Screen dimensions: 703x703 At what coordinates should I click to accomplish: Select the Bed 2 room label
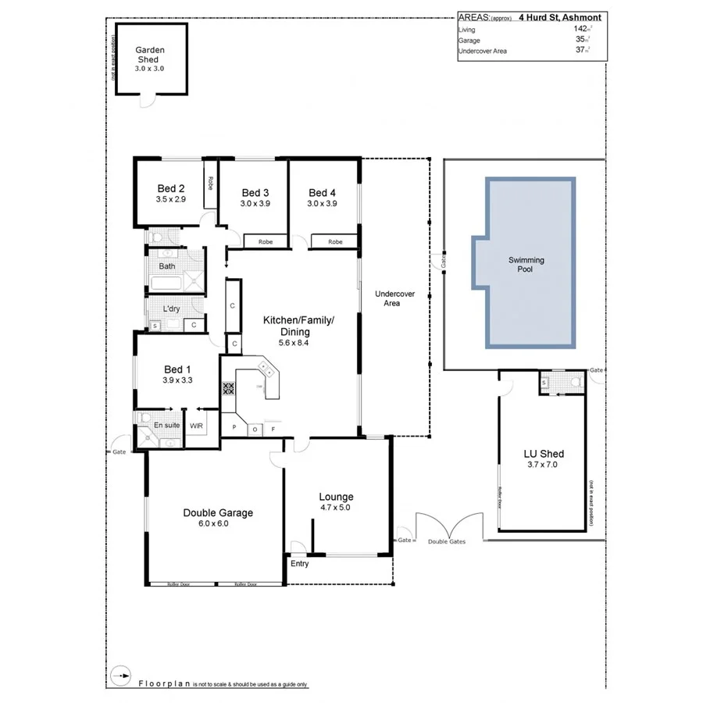tap(170, 188)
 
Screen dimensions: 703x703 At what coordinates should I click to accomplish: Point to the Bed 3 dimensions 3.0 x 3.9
tap(255, 204)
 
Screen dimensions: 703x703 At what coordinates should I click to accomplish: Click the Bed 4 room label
tap(322, 193)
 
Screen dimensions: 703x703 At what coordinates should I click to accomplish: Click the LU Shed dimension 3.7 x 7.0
tap(543, 465)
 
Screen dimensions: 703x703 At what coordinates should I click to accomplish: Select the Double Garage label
tap(218, 512)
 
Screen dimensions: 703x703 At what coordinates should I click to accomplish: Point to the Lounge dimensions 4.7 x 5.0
tap(336, 508)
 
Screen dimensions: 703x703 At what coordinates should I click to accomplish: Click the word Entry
tap(299, 563)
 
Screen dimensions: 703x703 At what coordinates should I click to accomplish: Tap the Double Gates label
tap(448, 541)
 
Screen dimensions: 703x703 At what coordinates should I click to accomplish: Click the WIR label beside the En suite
tap(196, 426)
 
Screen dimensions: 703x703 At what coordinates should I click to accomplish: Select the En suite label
tap(166, 426)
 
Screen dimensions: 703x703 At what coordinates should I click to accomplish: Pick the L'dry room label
tap(171, 309)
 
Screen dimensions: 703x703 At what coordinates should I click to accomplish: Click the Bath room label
tap(167, 266)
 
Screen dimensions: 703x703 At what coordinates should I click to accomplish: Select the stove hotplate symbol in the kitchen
tap(229, 387)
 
